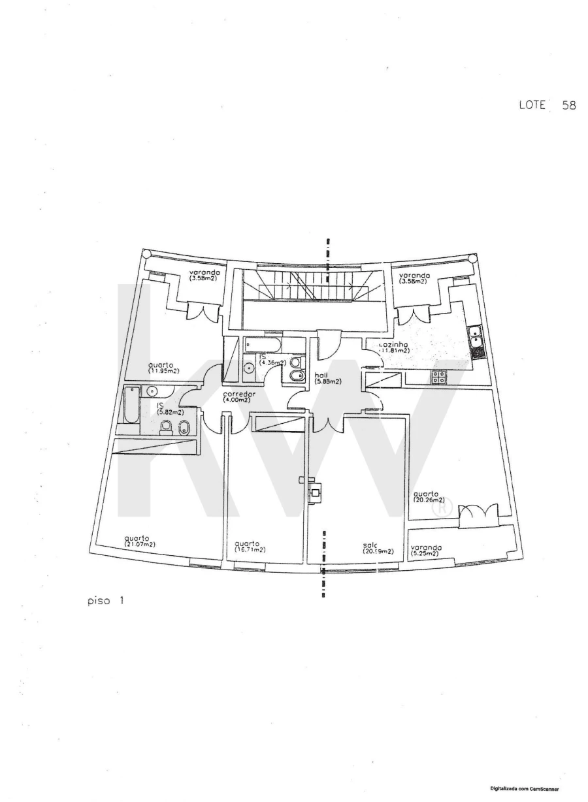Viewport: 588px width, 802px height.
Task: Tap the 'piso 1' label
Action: (x=105, y=600)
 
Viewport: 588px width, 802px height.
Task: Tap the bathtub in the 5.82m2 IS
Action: (x=131, y=405)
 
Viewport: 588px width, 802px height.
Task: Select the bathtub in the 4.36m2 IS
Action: (x=263, y=345)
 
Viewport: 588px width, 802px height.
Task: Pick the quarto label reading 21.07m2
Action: (x=139, y=541)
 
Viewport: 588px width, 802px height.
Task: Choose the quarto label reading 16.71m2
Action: (x=250, y=546)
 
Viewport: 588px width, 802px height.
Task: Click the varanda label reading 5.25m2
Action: (x=426, y=550)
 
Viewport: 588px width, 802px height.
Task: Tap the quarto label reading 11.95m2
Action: (x=163, y=368)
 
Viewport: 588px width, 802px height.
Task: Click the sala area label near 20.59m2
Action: (x=378, y=548)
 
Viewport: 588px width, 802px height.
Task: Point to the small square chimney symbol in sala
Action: (x=316, y=494)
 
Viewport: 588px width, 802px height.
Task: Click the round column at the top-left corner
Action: (x=147, y=254)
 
